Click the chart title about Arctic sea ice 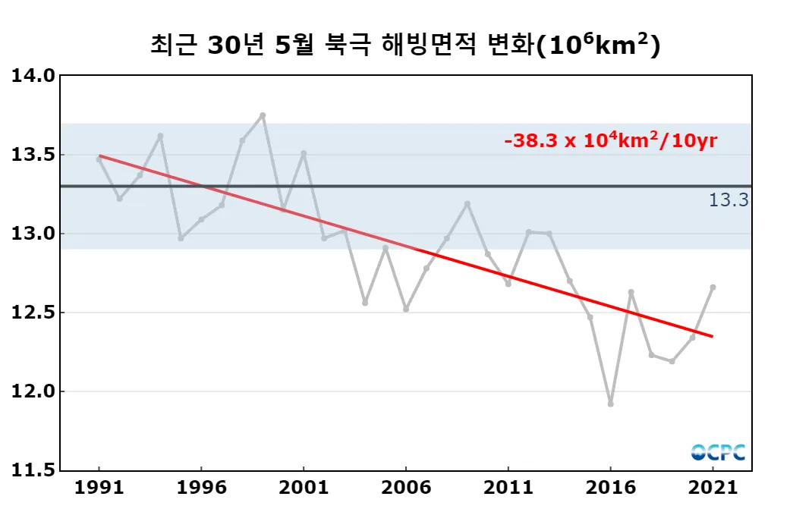coord(405,46)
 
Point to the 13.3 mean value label coord(729,200)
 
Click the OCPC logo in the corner coord(718,452)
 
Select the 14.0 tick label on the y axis coord(33,76)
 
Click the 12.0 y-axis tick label coord(33,391)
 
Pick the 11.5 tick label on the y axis coord(33,470)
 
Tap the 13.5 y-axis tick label coord(33,155)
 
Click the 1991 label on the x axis coord(99,489)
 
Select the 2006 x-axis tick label coord(406,489)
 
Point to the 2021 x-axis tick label coord(713,489)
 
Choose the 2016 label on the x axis coord(610,489)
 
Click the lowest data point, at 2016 coord(610,404)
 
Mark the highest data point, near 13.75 coord(263,115)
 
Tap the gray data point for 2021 coord(713,287)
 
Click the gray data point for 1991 coord(99,159)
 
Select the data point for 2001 coord(304,153)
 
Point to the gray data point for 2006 coord(406,309)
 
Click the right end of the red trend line coord(712,336)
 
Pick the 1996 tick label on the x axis coord(201,489)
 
